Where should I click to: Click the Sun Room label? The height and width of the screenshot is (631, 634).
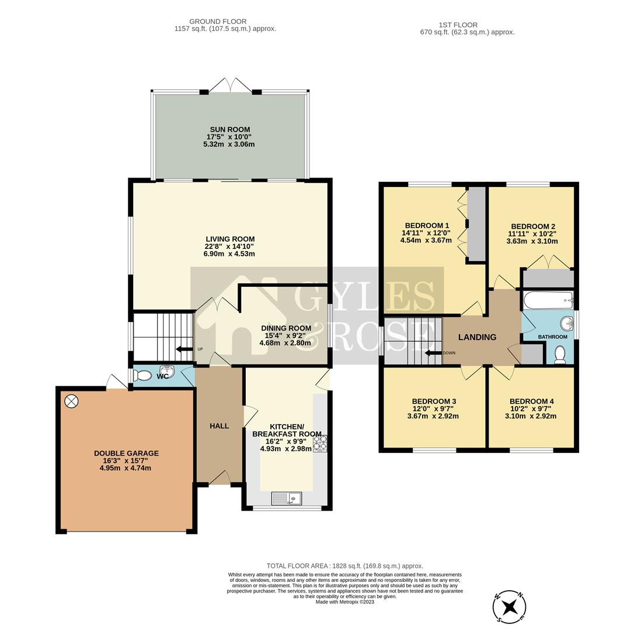pyautogui.click(x=230, y=129)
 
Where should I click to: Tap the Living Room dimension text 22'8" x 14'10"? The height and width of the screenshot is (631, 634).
pyautogui.click(x=230, y=246)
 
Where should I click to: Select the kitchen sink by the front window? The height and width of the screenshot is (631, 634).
pyautogui.click(x=287, y=498)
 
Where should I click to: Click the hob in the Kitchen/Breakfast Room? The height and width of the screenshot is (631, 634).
pyautogui.click(x=321, y=443)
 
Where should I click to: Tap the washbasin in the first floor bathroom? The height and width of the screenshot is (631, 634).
pyautogui.click(x=565, y=324)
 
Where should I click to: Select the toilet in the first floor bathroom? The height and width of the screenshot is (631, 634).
pyautogui.click(x=559, y=355)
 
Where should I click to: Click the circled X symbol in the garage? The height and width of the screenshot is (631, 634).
pyautogui.click(x=71, y=401)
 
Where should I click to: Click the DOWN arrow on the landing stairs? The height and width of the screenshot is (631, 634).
pyautogui.click(x=433, y=353)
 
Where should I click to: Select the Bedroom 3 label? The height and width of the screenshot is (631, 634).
pyautogui.click(x=433, y=401)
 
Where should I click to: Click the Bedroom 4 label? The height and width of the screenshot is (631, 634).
pyautogui.click(x=531, y=401)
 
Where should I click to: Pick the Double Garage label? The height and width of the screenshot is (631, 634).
pyautogui.click(x=126, y=453)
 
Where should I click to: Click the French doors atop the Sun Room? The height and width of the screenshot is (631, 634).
pyautogui.click(x=231, y=85)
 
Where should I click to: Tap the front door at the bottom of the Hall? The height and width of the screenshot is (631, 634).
pyautogui.click(x=220, y=479)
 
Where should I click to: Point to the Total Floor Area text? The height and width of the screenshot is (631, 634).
pyautogui.click(x=344, y=566)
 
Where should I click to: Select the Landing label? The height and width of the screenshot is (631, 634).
pyautogui.click(x=477, y=337)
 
